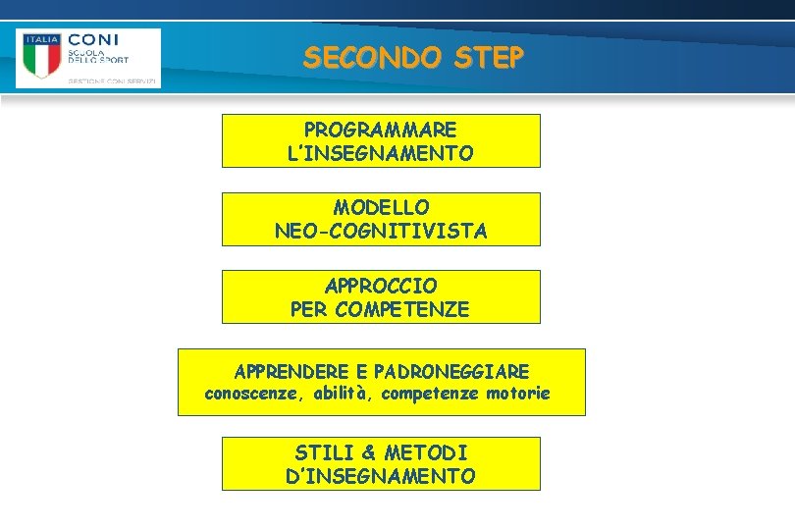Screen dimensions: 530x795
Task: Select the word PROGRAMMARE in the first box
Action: pyautogui.click(x=381, y=130)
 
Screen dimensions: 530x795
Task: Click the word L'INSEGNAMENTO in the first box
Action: pyautogui.click(x=381, y=154)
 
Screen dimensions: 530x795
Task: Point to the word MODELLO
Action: pyautogui.click(x=381, y=207)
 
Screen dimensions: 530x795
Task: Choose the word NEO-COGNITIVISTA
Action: pyautogui.click(x=381, y=232)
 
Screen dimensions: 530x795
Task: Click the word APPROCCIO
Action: pyautogui.click(x=381, y=286)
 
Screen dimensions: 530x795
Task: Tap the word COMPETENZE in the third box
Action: pyautogui.click(x=402, y=310)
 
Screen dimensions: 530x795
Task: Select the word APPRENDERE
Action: pyautogui.click(x=291, y=372)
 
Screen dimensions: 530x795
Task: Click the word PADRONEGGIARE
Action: pyautogui.click(x=451, y=372)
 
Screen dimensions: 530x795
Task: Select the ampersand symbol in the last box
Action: pyautogui.click(x=368, y=452)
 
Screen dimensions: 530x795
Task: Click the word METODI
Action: pyautogui.click(x=426, y=452)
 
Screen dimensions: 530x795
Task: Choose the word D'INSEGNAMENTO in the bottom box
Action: pyautogui.click(x=381, y=477)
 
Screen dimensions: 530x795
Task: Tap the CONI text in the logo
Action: pyautogui.click(x=93, y=40)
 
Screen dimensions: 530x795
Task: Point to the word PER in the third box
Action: pyautogui.click(x=310, y=310)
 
